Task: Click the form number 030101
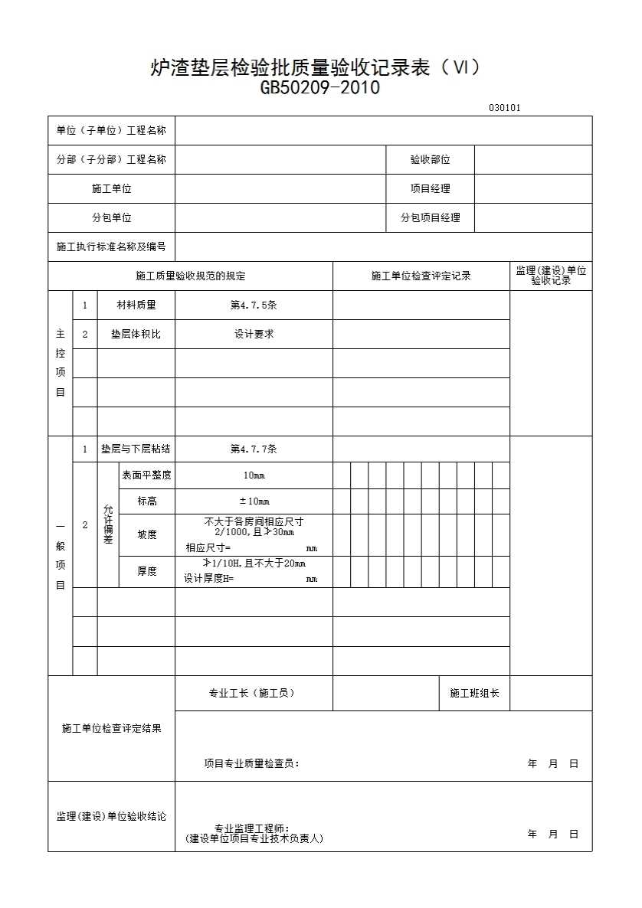point(504,108)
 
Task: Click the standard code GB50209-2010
point(320,88)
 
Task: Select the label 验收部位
point(430,160)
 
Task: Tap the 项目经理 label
point(430,189)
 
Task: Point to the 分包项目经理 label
point(430,218)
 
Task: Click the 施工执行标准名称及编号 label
point(111,247)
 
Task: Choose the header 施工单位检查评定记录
point(421,276)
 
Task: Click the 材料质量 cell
point(136,305)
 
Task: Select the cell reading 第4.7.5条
point(254,305)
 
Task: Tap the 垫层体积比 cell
point(136,335)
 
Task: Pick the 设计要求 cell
point(254,335)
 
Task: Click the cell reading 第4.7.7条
point(254,449)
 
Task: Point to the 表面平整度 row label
point(146,475)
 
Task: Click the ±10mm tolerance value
point(254,501)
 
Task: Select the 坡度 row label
point(146,535)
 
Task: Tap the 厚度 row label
point(146,572)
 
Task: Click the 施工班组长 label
point(474,694)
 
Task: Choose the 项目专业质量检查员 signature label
point(252,763)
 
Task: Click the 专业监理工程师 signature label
point(252,828)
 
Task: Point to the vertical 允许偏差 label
point(108,524)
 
